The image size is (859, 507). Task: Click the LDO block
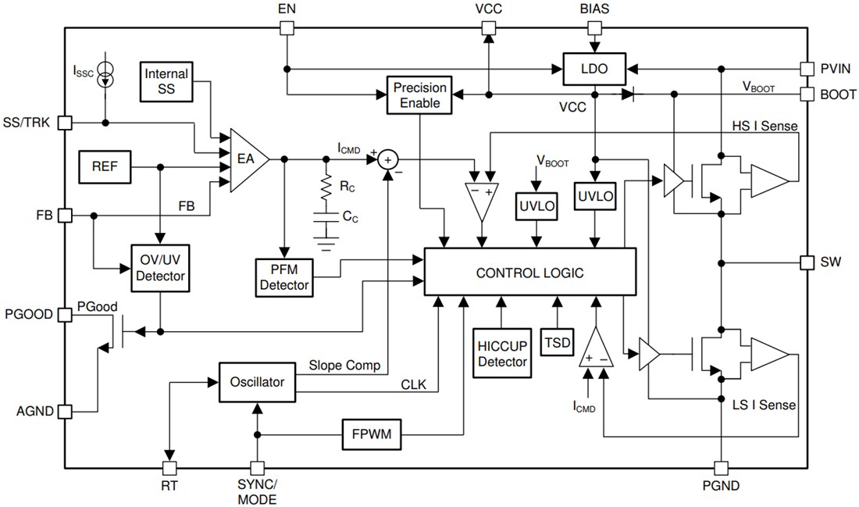point(596,69)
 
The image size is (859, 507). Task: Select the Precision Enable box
point(421,95)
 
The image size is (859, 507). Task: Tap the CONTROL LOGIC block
point(530,273)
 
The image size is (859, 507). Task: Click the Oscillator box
point(257,382)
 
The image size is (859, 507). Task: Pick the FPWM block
point(372,434)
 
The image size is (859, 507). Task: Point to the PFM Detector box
point(284,277)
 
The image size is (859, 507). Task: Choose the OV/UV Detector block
point(160,267)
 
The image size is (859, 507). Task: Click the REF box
point(105,167)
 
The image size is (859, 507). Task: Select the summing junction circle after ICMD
point(388,159)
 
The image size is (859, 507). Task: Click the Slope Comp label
point(344,365)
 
